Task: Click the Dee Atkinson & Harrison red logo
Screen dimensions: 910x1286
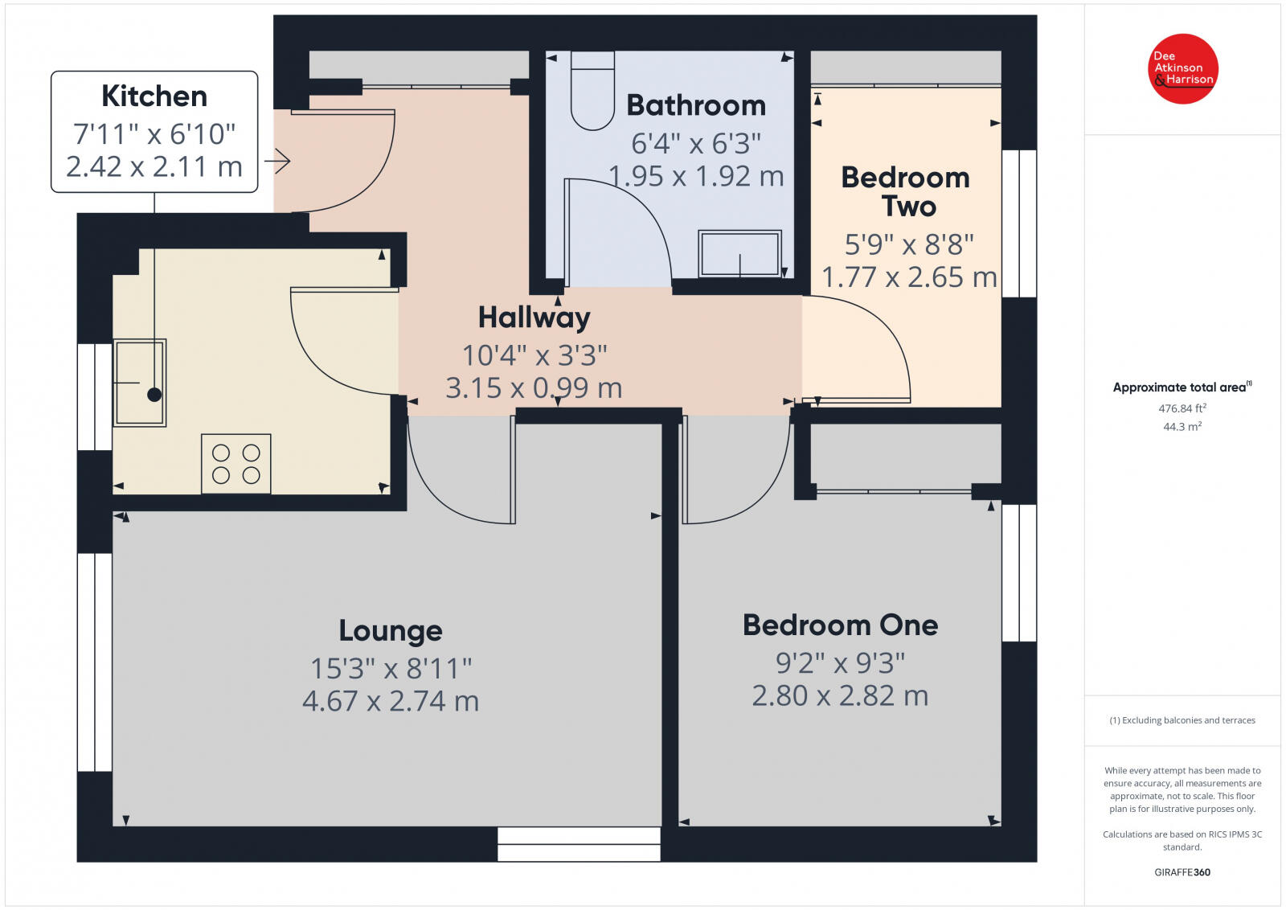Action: point(1183,68)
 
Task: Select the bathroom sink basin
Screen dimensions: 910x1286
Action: point(739,254)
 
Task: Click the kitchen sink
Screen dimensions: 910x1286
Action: point(140,382)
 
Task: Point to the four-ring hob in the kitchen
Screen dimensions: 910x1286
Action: point(235,464)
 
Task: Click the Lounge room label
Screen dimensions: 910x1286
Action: point(391,631)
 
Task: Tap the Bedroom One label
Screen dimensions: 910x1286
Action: point(840,625)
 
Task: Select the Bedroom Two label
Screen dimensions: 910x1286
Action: point(906,191)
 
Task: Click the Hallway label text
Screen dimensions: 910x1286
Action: point(534,318)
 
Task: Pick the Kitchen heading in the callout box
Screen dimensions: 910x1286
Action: point(154,96)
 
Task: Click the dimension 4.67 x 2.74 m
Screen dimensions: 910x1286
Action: point(391,701)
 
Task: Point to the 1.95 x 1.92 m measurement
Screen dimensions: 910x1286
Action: point(696,176)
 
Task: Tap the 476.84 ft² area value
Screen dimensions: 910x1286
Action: point(1182,408)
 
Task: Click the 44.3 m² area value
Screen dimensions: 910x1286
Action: point(1182,427)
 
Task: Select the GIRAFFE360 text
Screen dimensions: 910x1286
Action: point(1182,872)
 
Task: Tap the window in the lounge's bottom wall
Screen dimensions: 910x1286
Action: point(579,844)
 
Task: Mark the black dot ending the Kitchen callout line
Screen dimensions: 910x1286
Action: point(154,395)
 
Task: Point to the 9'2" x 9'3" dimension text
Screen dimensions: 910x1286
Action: point(840,663)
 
